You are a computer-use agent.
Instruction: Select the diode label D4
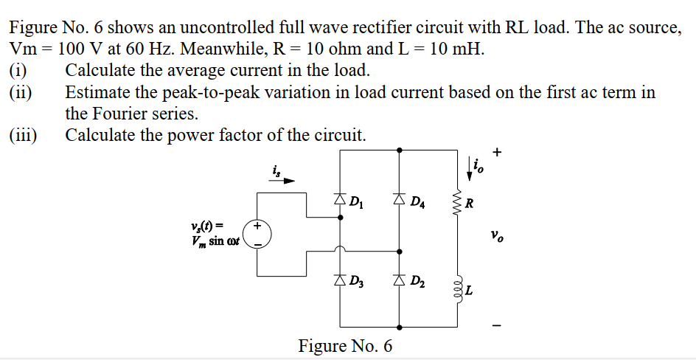point(417,201)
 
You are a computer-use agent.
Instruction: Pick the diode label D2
point(417,282)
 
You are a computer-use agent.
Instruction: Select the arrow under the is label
point(285,179)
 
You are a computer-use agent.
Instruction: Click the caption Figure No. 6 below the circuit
point(345,345)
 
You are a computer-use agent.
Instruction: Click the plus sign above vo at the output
point(498,153)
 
